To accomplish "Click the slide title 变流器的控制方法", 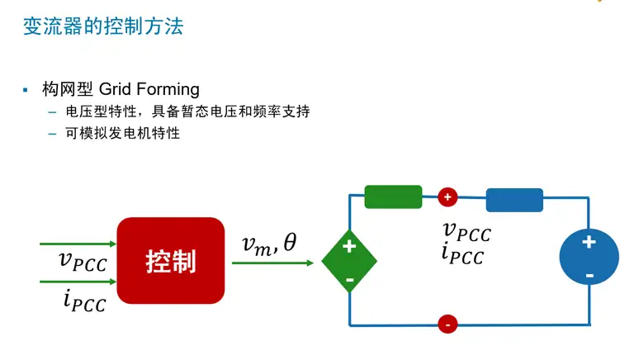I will coord(102,26).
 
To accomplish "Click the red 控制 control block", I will coord(171,262).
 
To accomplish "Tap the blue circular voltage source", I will coord(589,257).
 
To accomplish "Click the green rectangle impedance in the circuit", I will coord(393,197).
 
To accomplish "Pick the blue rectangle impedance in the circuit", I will coord(514,200).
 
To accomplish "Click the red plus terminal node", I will coord(447,197).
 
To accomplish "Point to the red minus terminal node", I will coord(447,324).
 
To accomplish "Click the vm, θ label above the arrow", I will coord(268,243).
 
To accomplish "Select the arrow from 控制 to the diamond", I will coord(272,263).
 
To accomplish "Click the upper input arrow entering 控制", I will coord(78,244).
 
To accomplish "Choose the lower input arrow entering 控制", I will coord(78,281).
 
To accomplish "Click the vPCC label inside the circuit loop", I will coord(466,231).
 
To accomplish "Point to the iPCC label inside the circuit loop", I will coord(462,254).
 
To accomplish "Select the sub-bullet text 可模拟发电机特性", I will coord(123,133).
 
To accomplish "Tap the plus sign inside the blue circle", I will coord(589,242).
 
